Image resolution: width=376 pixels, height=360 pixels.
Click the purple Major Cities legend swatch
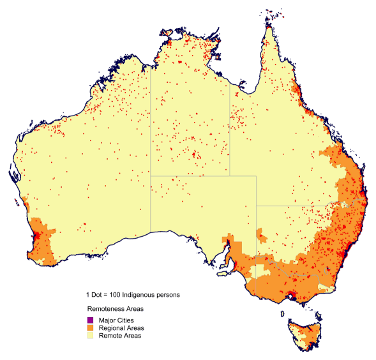[91, 320]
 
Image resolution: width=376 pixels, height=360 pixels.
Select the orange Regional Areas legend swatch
[91, 327]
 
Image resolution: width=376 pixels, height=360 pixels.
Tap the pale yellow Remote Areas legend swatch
[91, 335]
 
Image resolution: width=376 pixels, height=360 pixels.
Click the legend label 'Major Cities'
[116, 320]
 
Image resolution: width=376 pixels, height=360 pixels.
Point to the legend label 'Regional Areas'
[121, 327]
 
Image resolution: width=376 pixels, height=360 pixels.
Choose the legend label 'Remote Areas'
[119, 335]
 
